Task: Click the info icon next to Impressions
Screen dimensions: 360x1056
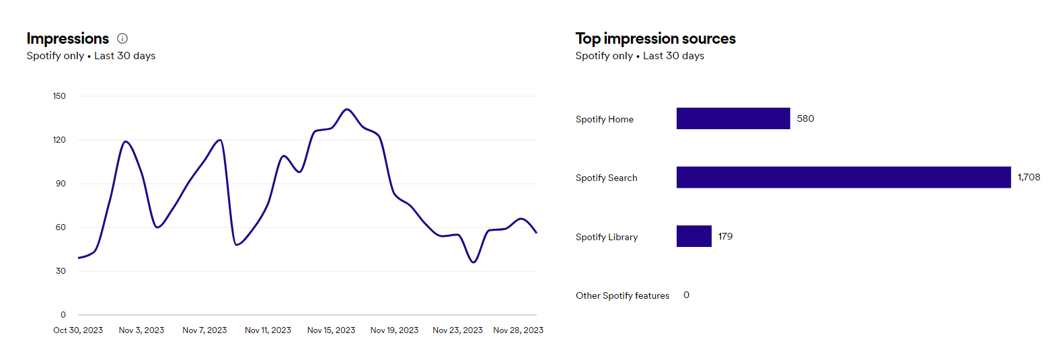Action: coord(122,38)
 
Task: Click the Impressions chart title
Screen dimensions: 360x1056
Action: coord(67,38)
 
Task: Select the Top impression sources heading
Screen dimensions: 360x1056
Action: coord(655,38)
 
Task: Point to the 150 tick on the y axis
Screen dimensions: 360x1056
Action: coord(59,96)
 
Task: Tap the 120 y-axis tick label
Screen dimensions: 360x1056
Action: coord(59,140)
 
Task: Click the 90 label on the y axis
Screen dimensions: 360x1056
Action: coord(61,184)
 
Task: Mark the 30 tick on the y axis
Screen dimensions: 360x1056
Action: coord(61,271)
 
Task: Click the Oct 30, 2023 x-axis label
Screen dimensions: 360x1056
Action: coord(78,330)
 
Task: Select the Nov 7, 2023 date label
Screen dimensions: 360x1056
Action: coord(204,330)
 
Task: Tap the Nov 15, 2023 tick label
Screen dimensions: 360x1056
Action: coord(331,330)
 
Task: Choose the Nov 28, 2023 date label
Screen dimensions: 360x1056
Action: coord(518,330)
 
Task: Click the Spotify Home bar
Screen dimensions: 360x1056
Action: coord(733,118)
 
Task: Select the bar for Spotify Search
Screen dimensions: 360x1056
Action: coord(843,177)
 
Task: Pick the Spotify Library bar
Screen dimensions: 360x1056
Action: coord(693,236)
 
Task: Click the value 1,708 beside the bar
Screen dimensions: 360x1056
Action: coord(1028,177)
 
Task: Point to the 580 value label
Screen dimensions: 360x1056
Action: coord(805,118)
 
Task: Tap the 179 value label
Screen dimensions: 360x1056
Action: coord(725,236)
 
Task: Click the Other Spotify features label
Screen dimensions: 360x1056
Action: coord(622,295)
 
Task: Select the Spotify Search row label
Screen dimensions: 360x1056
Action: coord(606,178)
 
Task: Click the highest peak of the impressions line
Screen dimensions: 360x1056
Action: coord(347,109)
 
